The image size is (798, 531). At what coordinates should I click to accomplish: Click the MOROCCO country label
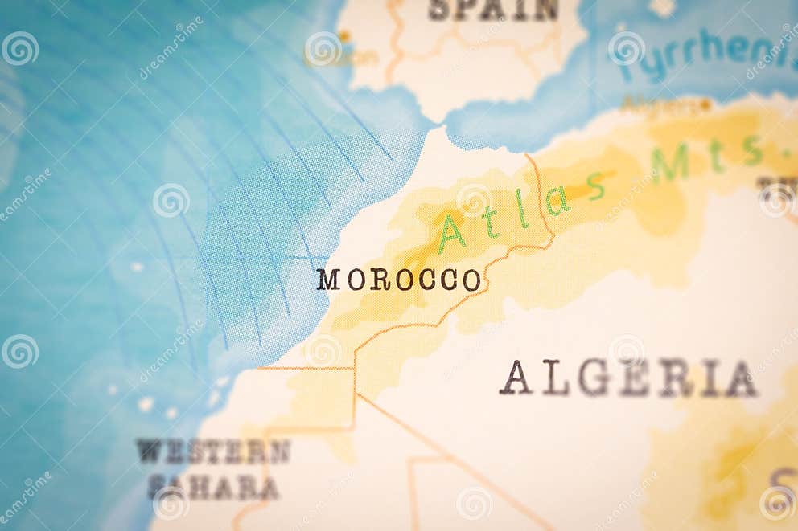[399, 280]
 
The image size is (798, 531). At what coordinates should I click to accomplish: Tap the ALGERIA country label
[628, 378]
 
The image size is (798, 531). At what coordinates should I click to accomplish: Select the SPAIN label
[493, 10]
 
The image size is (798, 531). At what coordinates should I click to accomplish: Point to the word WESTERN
[212, 451]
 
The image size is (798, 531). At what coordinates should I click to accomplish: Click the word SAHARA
[213, 487]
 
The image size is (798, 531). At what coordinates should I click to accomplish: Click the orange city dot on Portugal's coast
[343, 36]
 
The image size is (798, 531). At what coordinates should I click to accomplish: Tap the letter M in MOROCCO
[327, 280]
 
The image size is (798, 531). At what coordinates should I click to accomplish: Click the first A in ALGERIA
[516, 378]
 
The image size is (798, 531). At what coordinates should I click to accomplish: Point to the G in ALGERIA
[593, 378]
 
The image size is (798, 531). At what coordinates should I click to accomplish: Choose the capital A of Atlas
[451, 234]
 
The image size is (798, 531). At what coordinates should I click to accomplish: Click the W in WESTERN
[150, 451]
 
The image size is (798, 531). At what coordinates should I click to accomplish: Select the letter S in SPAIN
[438, 10]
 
